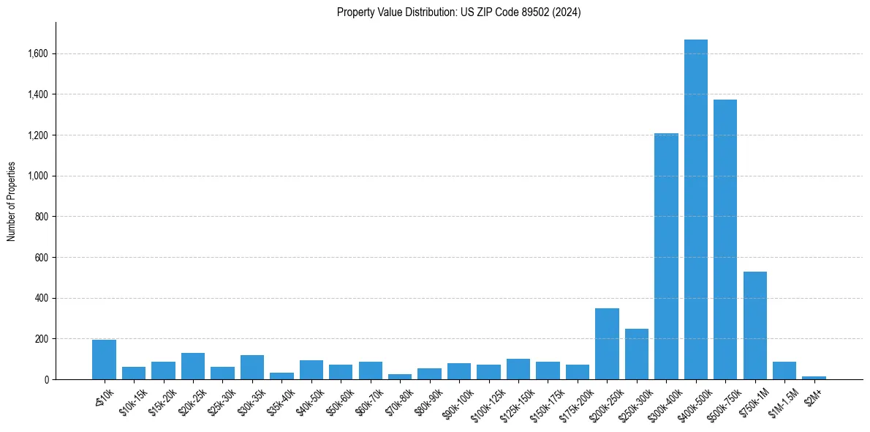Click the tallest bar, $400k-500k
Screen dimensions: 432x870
click(695, 212)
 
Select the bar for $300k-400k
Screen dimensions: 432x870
click(666, 256)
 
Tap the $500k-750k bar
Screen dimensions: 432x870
click(725, 242)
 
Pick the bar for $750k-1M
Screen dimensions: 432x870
click(754, 326)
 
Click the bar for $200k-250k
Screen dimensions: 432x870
click(607, 344)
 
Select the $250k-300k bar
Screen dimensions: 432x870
click(636, 354)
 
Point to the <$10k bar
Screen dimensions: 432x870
click(104, 360)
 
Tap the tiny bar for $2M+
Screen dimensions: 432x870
click(814, 378)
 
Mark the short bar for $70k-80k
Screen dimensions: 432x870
click(400, 376)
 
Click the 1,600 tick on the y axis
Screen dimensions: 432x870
click(38, 53)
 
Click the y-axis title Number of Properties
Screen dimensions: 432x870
click(12, 202)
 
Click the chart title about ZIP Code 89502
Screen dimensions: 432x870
click(458, 12)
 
